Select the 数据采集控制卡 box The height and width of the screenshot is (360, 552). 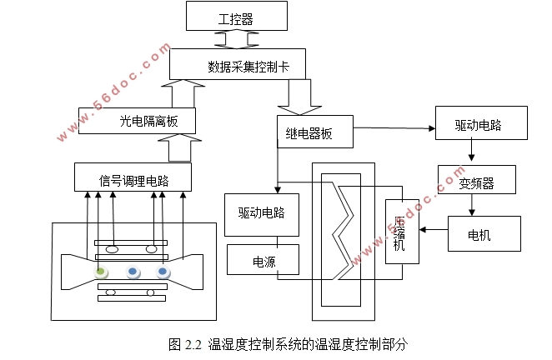click(x=237, y=64)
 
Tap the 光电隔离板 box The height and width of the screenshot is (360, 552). click(x=138, y=121)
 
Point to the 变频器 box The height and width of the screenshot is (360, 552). click(x=476, y=180)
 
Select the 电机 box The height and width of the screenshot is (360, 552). click(x=484, y=235)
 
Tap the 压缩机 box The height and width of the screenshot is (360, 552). click(x=401, y=232)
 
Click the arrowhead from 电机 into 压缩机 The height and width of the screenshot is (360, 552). click(x=425, y=229)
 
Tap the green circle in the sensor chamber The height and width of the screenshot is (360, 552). click(x=100, y=272)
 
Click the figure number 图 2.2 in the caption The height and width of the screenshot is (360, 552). click(x=185, y=343)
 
